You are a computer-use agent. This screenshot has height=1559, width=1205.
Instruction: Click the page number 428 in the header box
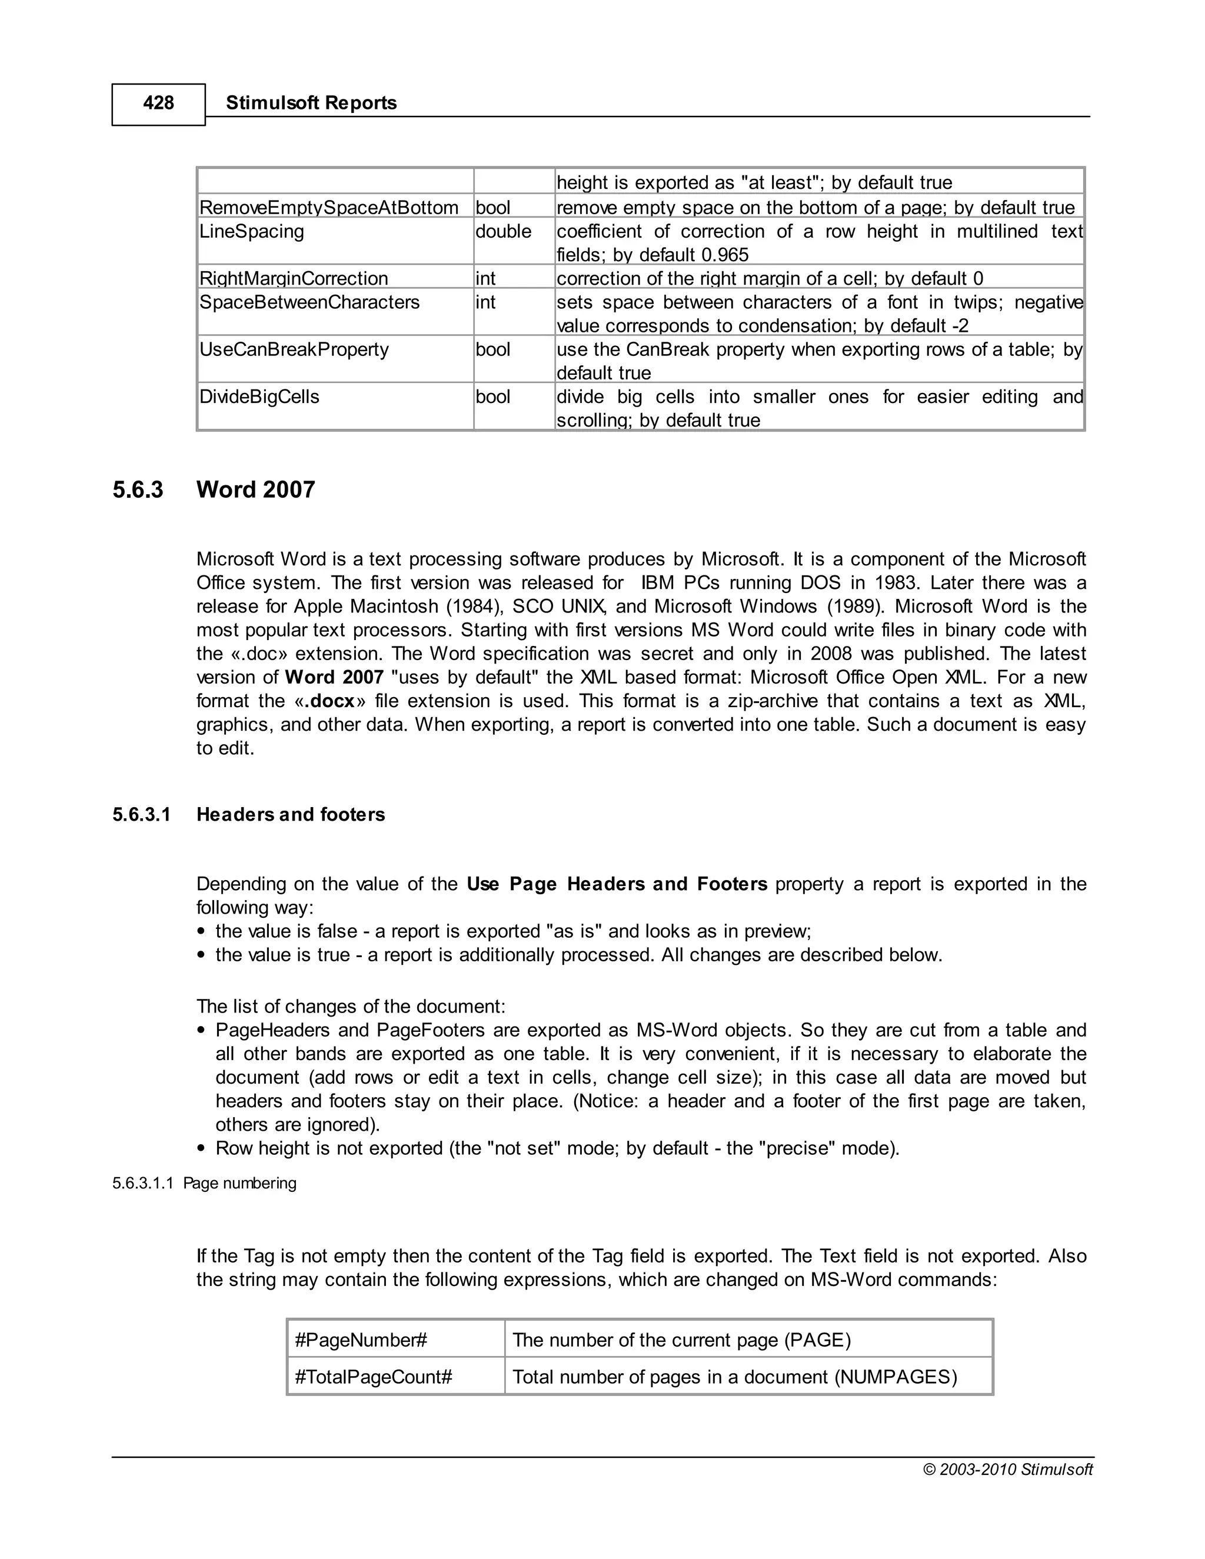158,104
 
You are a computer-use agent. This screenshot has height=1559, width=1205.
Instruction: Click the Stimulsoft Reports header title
311,103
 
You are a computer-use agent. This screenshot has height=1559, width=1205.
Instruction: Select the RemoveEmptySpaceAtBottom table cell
329,208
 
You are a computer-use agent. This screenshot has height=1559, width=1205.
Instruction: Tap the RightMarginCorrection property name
294,278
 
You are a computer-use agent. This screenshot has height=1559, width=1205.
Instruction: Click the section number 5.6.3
138,489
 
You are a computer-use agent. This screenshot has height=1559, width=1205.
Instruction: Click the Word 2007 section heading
255,489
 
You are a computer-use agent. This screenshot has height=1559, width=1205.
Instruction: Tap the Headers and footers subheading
291,814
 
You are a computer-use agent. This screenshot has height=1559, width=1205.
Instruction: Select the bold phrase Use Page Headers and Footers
617,884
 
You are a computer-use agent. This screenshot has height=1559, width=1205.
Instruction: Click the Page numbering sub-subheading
240,1184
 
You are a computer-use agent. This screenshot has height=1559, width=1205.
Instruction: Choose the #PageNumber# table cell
361,1340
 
